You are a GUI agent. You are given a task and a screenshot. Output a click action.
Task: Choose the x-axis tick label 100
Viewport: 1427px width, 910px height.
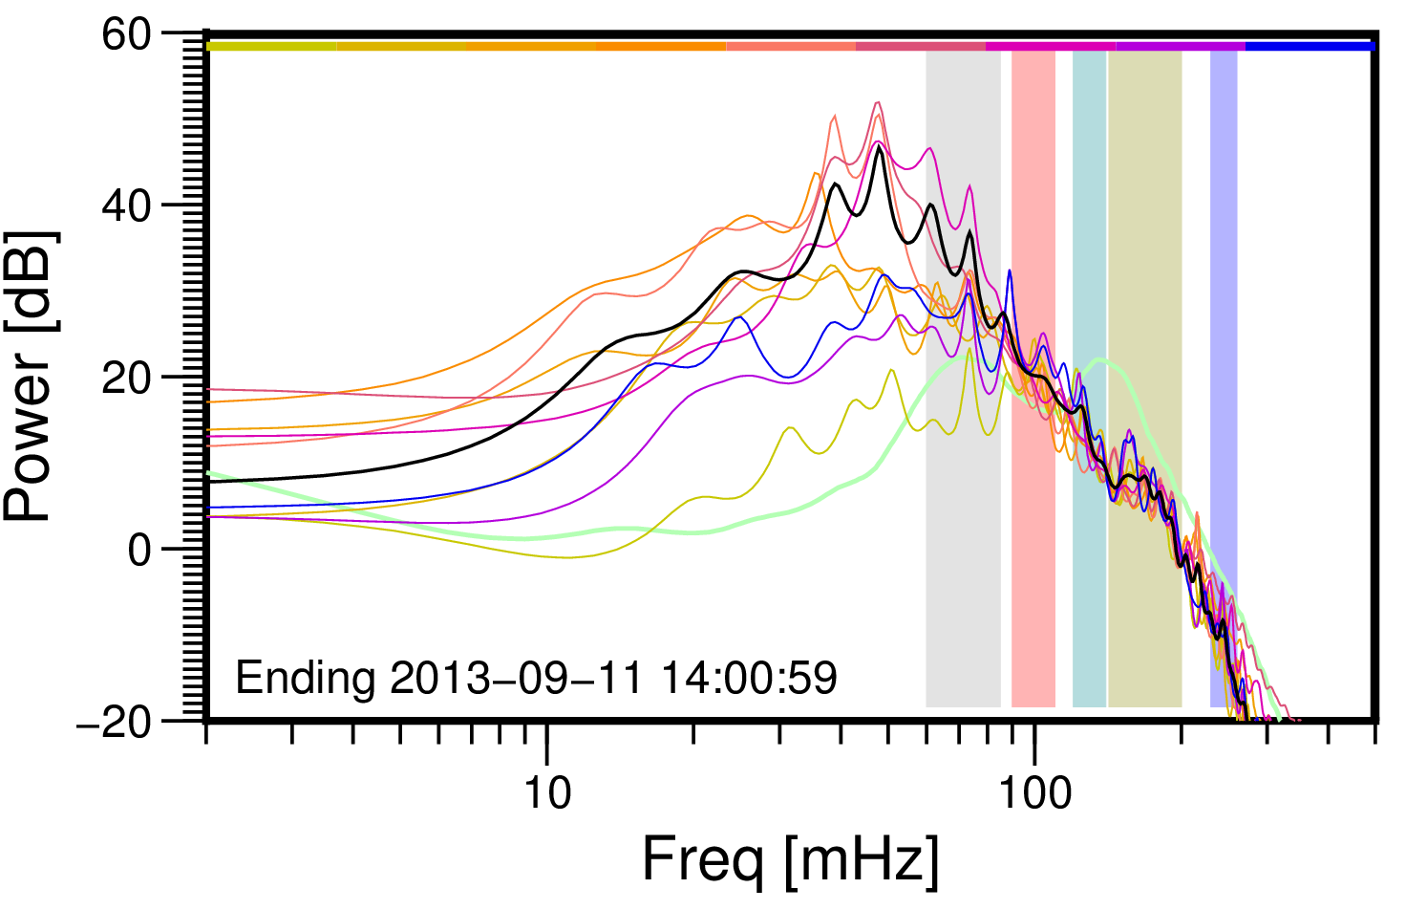click(1034, 792)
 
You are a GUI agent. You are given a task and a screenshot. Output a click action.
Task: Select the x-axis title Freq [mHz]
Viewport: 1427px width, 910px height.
click(790, 859)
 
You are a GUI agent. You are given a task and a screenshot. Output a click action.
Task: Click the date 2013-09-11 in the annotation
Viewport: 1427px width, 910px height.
click(517, 679)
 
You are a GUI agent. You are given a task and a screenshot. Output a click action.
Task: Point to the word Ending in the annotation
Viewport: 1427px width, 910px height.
click(306, 679)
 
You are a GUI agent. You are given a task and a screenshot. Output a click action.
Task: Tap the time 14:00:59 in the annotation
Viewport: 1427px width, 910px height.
click(750, 679)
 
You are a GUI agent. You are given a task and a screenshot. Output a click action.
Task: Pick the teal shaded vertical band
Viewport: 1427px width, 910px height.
click(1090, 287)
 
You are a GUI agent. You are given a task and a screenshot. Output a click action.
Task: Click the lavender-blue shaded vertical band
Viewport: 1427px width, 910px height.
click(1224, 287)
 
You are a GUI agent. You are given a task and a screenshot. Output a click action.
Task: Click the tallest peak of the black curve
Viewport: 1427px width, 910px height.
click(878, 145)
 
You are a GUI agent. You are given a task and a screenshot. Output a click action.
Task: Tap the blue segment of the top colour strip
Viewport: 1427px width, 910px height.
click(1310, 46)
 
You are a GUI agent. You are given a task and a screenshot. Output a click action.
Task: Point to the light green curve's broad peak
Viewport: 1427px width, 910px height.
click(1100, 359)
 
